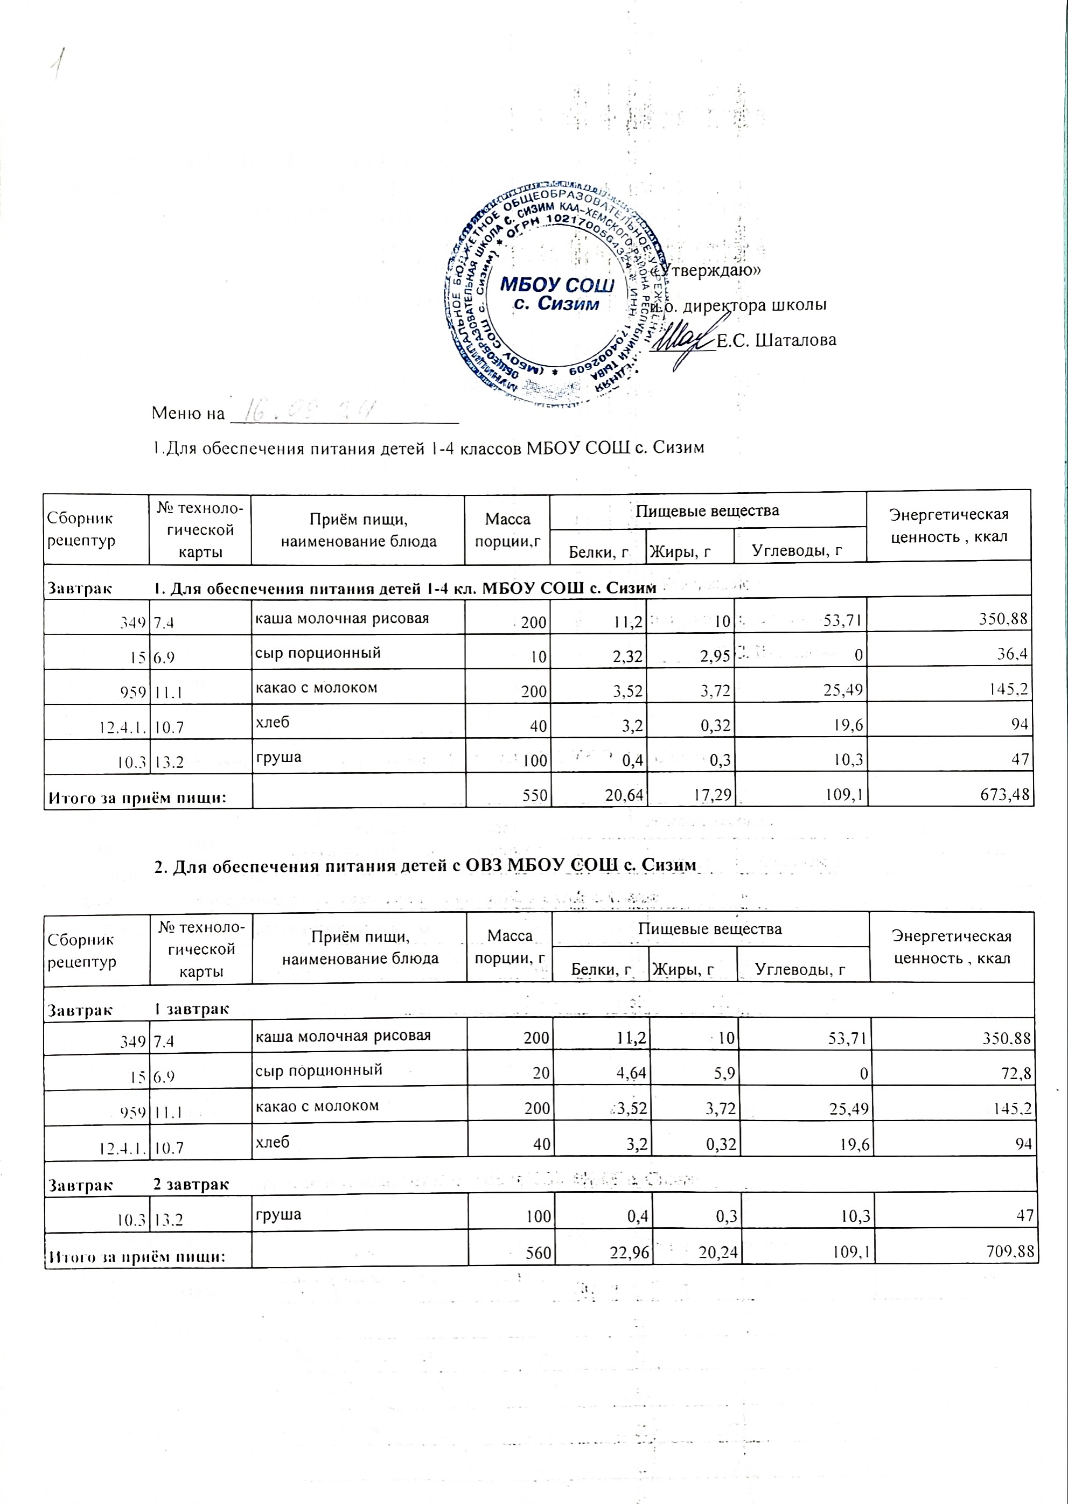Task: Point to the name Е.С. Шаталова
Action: click(x=776, y=340)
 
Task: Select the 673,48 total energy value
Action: click(x=1003, y=795)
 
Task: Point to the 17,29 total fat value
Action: click(x=711, y=795)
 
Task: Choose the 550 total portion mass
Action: click(x=536, y=795)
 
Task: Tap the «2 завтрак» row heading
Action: click(x=191, y=1185)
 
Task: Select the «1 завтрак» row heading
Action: click(x=191, y=1009)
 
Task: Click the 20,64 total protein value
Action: click(x=625, y=795)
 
